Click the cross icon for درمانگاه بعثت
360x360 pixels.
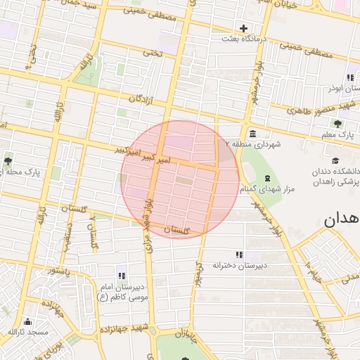244,29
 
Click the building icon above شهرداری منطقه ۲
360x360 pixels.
252,134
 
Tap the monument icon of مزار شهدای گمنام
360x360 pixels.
266,178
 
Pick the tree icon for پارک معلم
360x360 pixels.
338,123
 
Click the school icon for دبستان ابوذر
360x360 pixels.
349,77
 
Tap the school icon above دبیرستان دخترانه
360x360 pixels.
239,254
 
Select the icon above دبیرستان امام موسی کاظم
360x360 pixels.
122,276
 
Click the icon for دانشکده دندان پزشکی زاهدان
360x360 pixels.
337,160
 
